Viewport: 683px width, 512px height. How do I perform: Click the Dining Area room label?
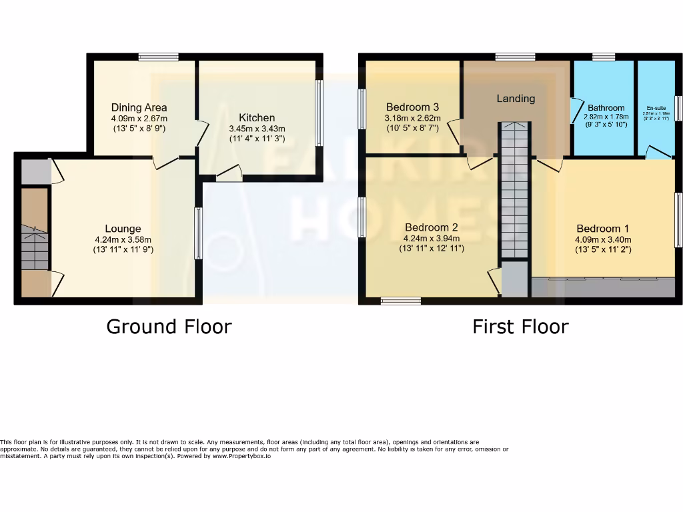139,107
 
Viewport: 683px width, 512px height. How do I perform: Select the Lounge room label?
123,229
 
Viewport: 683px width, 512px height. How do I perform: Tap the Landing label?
516,99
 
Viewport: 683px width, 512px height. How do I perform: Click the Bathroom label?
606,108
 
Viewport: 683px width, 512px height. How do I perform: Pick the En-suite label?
656,107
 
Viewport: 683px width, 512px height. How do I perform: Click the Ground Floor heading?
169,327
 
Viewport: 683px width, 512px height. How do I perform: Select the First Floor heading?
520,327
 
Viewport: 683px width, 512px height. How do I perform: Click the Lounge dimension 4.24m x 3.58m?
123,241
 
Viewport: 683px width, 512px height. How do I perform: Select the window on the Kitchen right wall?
319,113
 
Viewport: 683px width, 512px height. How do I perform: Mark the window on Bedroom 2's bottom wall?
401,301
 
